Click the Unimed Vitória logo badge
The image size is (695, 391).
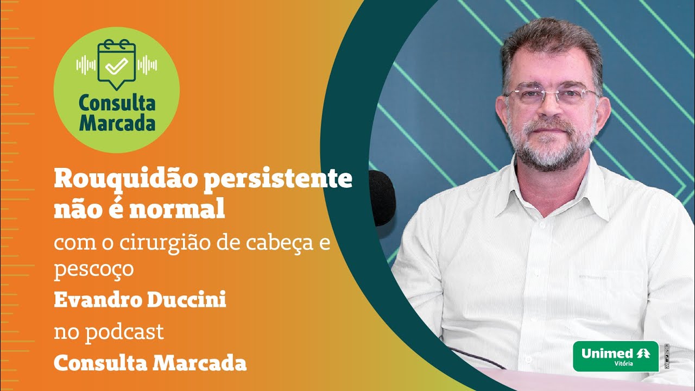[x=615, y=356]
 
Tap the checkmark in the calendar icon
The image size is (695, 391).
[x=116, y=67]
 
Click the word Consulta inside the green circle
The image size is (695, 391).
[x=117, y=103]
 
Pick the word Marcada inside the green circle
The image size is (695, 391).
[x=117, y=123]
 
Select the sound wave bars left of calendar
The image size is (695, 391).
[x=86, y=65]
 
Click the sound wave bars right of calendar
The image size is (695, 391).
[x=147, y=65]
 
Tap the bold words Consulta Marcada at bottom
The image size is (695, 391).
[x=150, y=363]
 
